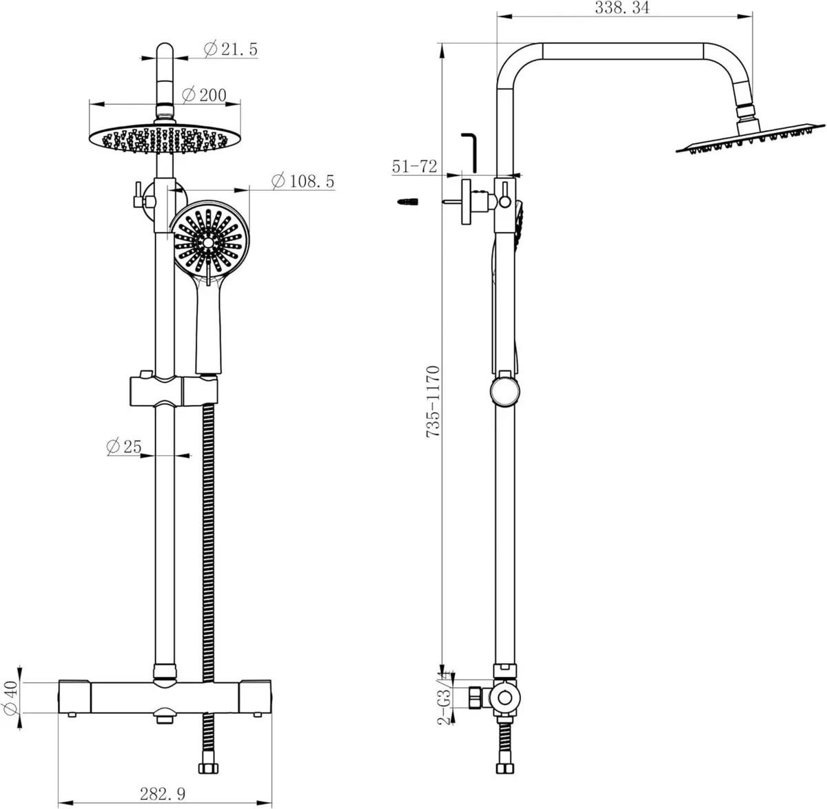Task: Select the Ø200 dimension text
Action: click(x=205, y=95)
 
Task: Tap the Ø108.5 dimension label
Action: click(x=303, y=181)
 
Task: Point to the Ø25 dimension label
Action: click(x=124, y=446)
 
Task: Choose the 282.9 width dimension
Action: click(x=161, y=794)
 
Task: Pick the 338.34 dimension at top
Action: click(x=622, y=8)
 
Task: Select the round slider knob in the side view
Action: click(x=506, y=392)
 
